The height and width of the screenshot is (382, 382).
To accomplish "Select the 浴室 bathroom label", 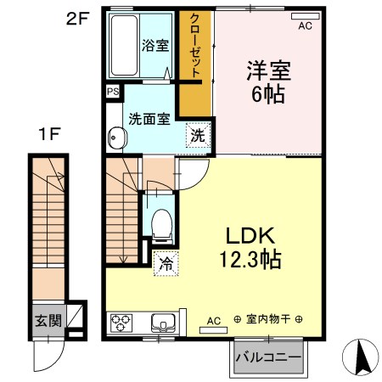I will pyautogui.click(x=154, y=47).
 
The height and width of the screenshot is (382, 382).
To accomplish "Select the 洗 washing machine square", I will pyautogui.click(x=196, y=135).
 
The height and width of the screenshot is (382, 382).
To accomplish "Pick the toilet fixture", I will pyautogui.click(x=159, y=222).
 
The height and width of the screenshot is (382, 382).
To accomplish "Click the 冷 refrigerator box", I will pyautogui.click(x=165, y=265).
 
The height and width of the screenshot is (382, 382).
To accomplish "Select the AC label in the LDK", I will pyautogui.click(x=214, y=320).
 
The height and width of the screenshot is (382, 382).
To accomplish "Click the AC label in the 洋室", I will pyautogui.click(x=304, y=25).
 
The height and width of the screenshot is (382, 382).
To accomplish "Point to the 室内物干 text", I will pyautogui.click(x=269, y=319).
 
